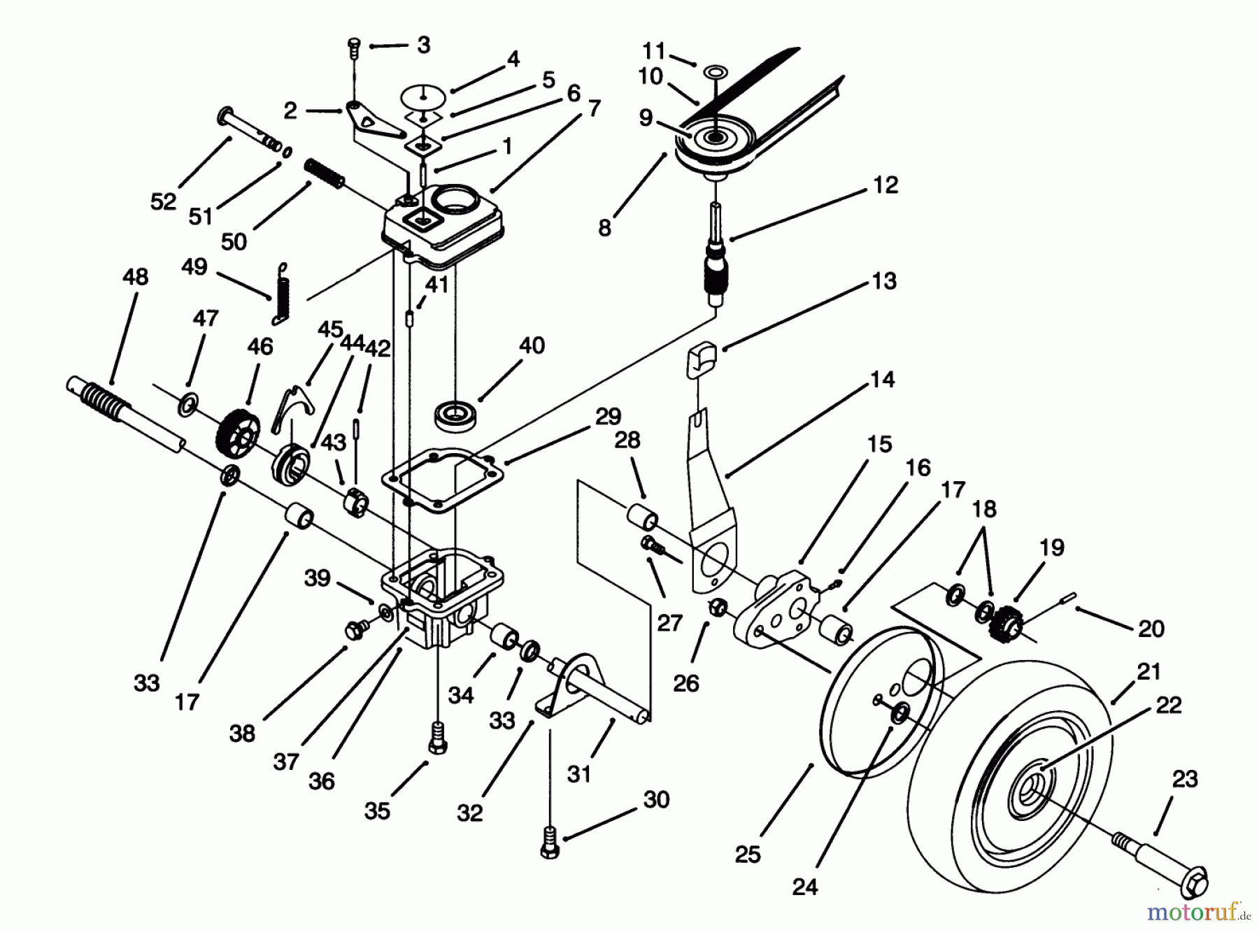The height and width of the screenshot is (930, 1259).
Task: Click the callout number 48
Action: (x=135, y=277)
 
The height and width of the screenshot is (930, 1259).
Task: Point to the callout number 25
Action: (x=747, y=854)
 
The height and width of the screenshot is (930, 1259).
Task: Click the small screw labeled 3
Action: (x=354, y=50)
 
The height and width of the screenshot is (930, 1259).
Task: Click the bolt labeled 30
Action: (x=550, y=843)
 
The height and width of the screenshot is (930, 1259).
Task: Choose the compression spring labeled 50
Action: (x=325, y=173)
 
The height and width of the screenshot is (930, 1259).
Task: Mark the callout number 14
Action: (x=883, y=380)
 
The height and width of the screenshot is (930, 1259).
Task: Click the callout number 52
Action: (x=163, y=201)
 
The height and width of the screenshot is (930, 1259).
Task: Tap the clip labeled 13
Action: (x=702, y=357)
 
